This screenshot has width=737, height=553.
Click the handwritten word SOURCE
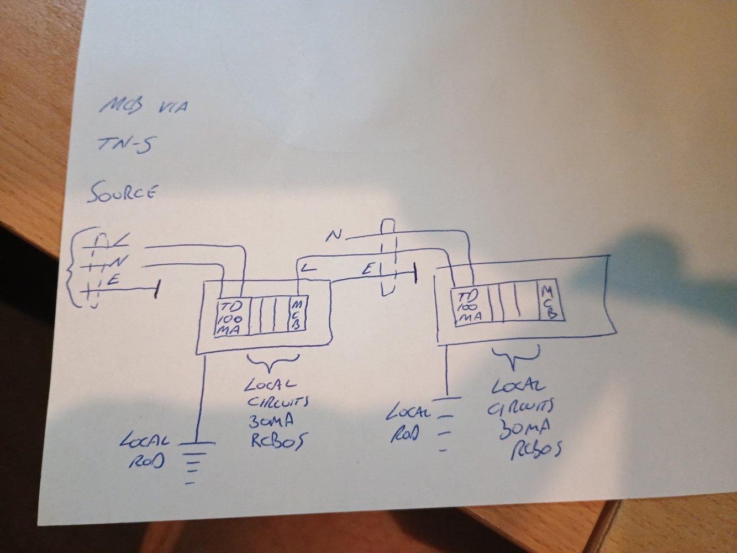(122, 193)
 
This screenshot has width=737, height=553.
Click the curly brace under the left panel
(272, 362)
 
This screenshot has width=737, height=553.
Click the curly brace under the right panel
(515, 357)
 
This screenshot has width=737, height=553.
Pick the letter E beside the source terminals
(114, 280)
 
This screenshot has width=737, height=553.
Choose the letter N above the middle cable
(333, 236)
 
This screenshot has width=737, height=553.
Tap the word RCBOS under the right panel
(535, 450)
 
